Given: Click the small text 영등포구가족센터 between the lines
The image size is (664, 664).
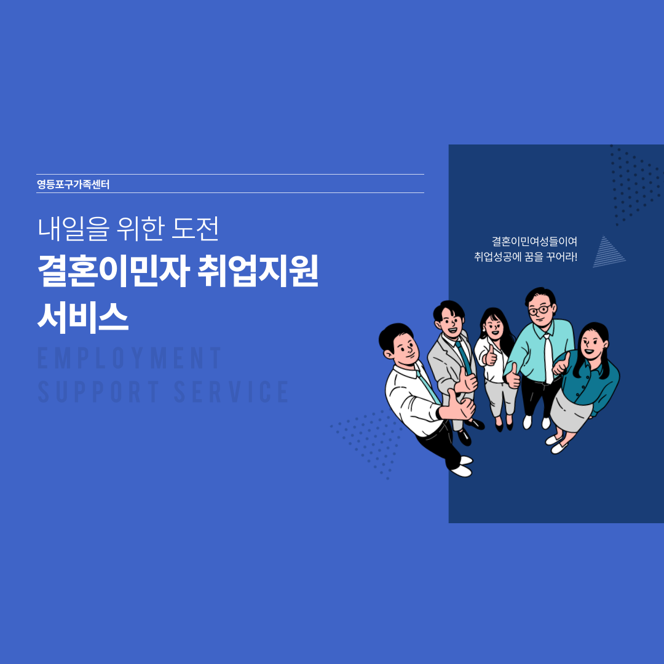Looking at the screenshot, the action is coord(73,184).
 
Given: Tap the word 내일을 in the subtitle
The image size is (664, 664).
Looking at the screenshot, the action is coord(74,229).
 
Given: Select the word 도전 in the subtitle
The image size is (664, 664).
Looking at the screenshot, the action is coord(196,229).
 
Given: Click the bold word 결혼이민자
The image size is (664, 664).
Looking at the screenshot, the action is coord(113,271).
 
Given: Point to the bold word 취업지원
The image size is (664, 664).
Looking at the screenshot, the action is coord(258,271).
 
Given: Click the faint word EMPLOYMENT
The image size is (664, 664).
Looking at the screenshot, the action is coord(129,358).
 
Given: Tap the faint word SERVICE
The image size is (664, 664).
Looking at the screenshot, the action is coord(232,391).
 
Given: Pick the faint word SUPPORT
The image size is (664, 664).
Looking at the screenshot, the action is coord(98,391).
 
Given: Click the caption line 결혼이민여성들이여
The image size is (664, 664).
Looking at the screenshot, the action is coord(534,242).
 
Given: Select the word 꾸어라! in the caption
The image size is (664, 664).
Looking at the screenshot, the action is coord(561,256).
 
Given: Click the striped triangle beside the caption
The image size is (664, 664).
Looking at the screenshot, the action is coord(608,253).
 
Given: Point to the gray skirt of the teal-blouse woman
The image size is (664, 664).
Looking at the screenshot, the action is coord(570,411).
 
